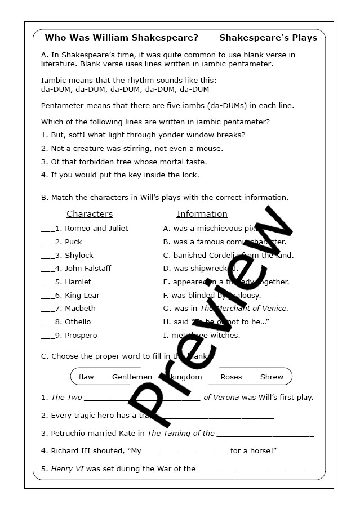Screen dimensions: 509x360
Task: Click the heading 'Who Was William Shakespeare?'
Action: (121, 38)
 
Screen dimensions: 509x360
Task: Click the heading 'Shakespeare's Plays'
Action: (268, 38)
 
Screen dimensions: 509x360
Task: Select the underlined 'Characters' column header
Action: (90, 214)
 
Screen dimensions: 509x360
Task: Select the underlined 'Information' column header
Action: (202, 214)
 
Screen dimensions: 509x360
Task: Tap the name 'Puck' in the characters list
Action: (73, 242)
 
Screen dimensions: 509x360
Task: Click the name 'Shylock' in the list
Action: (79, 255)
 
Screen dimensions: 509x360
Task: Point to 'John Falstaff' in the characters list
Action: (88, 269)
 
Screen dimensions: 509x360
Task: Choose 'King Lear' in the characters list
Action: (82, 295)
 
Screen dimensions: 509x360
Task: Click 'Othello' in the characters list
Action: (78, 322)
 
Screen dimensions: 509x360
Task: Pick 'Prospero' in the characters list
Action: (81, 336)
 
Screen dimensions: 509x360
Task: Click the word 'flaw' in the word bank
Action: (86, 377)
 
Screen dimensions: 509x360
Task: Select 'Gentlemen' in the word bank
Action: (132, 377)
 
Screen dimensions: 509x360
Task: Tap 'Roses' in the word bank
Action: (231, 377)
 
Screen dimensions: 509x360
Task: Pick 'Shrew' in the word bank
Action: (272, 377)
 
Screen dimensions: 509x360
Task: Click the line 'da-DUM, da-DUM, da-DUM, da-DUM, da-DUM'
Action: (125, 89)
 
